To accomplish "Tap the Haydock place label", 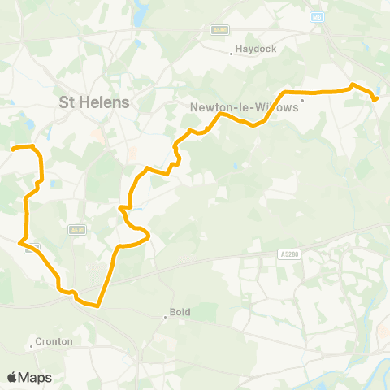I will point(256,49).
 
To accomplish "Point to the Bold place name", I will point(180,311).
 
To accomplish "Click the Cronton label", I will point(54,342).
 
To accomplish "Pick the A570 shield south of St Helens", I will point(77,231).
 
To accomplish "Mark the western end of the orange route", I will point(14,149).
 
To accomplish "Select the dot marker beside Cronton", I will point(32,347).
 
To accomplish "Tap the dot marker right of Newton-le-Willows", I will point(301,101).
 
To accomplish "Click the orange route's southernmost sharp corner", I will point(97,306).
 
